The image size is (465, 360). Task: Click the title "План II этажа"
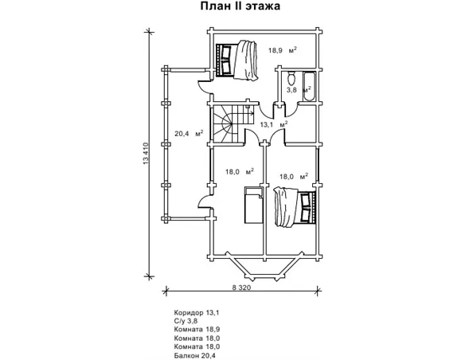[x=240, y=6]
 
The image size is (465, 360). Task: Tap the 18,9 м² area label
[x=283, y=50]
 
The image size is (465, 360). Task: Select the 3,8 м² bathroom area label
[x=299, y=89]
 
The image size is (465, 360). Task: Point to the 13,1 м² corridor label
[x=274, y=124]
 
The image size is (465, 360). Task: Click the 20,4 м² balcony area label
[x=189, y=133]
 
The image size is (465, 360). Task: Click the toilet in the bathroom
[x=291, y=78]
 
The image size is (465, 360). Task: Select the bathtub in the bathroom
[x=308, y=86]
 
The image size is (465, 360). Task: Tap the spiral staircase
[x=232, y=124]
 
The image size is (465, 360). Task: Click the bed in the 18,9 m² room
[x=236, y=61]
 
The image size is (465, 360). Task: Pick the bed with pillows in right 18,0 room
[x=295, y=207]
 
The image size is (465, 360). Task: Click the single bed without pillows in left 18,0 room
[x=253, y=205]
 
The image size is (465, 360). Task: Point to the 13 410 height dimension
[x=145, y=154]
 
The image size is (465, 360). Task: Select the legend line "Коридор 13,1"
[x=197, y=312]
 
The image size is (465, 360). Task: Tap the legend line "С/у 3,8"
[x=186, y=320]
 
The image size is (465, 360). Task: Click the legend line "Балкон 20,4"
[x=195, y=355]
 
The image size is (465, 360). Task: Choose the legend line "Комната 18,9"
[x=197, y=329]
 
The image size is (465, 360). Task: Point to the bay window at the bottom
[x=265, y=267]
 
